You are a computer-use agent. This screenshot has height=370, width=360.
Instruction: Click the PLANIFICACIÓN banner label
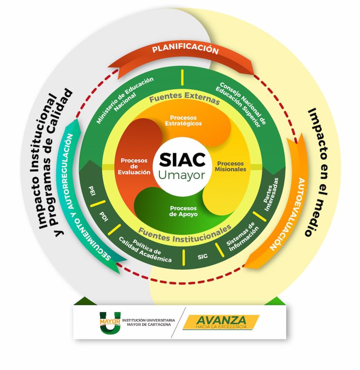point(185,50)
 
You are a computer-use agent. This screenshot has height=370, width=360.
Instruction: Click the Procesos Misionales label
point(232,166)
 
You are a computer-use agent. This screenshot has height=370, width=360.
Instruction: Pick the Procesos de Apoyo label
point(183,211)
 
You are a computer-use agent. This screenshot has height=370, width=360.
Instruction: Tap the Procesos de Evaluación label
point(134,166)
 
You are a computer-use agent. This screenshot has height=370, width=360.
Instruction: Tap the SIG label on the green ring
point(203,257)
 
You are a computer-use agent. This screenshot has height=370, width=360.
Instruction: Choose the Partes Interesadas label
point(271,195)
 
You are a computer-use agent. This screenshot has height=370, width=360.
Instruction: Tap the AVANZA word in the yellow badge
point(221,320)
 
